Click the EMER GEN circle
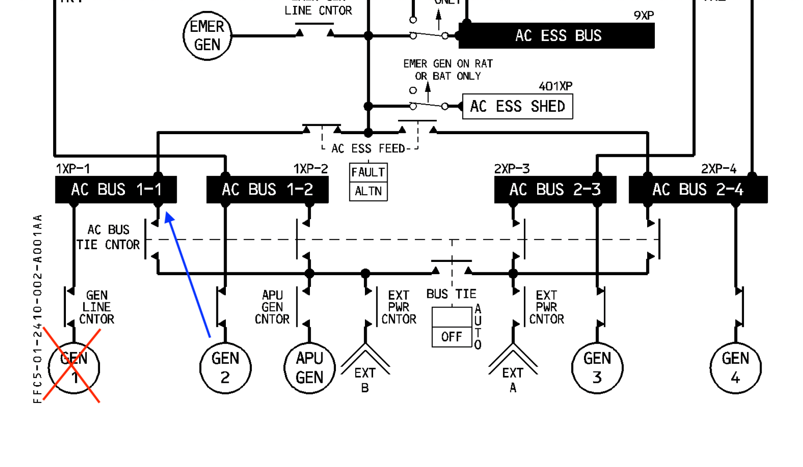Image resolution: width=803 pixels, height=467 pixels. (x=207, y=36)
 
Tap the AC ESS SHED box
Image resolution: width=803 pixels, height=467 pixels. (x=517, y=106)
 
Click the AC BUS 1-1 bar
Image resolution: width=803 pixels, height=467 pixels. (x=116, y=190)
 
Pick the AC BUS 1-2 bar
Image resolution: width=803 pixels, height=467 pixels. (x=267, y=190)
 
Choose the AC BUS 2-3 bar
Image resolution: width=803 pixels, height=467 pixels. (x=555, y=190)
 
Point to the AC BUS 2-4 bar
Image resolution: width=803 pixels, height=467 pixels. (x=698, y=190)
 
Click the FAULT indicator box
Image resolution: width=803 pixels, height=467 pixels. (x=368, y=173)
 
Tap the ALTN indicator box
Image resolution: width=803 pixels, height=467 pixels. (x=368, y=191)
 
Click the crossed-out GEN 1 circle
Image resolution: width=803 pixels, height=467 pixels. (x=74, y=367)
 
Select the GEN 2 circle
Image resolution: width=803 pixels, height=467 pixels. (x=225, y=367)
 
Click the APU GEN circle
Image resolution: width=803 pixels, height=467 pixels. (x=309, y=367)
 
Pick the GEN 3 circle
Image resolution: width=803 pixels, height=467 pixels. (x=597, y=367)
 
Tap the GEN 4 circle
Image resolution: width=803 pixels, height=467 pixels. (x=735, y=367)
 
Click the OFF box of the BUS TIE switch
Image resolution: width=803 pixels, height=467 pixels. (x=452, y=337)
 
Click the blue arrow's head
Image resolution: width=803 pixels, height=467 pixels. (x=169, y=217)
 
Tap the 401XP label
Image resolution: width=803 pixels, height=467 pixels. (x=555, y=86)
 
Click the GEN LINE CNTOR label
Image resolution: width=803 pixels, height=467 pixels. (x=96, y=307)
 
